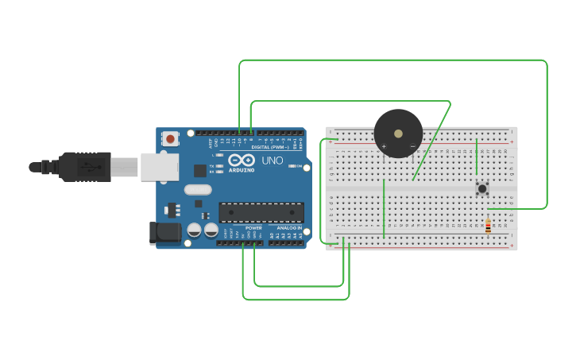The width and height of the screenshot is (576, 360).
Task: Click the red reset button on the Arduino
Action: [x=169, y=139]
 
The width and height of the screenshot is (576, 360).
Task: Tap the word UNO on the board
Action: [x=273, y=161]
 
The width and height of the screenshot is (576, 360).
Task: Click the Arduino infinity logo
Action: [x=241, y=160]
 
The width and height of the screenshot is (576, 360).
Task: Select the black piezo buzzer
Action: [x=398, y=133]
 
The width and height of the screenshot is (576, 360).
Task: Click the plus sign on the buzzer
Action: [x=384, y=146]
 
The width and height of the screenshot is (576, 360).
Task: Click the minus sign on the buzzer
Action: [x=412, y=146]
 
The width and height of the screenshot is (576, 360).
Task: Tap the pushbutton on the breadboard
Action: [x=481, y=188]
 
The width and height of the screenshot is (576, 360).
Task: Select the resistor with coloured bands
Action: [x=488, y=226]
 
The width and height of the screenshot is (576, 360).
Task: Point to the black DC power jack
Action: [x=164, y=232]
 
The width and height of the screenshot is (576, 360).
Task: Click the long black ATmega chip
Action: [x=261, y=213]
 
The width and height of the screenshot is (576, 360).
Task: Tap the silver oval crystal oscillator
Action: [x=197, y=190]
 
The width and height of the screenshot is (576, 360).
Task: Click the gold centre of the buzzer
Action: [x=398, y=132]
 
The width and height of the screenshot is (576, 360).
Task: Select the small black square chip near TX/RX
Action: [x=199, y=170]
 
